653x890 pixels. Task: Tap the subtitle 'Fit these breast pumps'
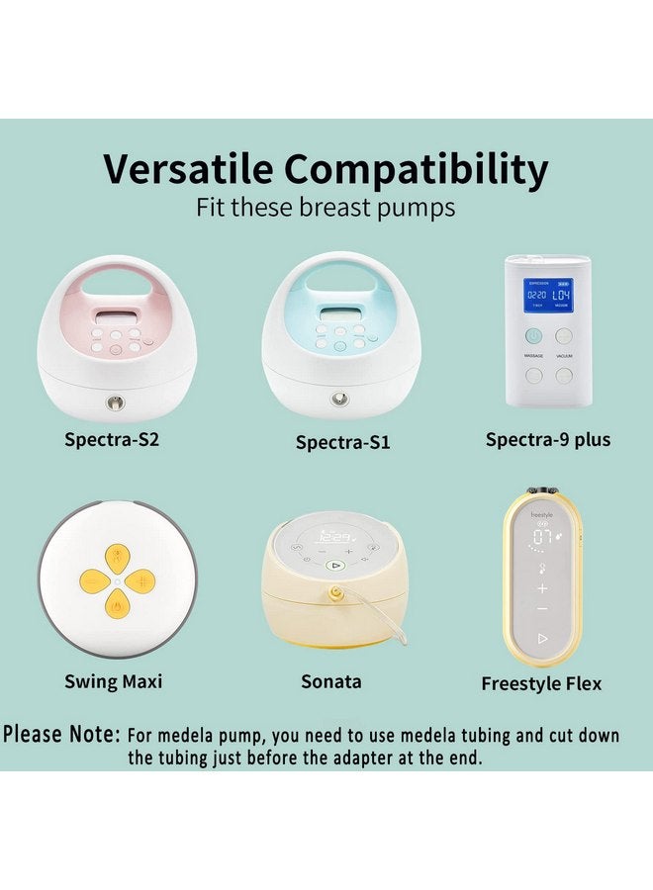pyautogui.click(x=326, y=209)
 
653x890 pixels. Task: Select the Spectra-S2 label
pyautogui.click(x=112, y=438)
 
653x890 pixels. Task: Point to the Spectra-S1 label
pyautogui.click(x=342, y=442)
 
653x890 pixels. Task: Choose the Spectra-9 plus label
pyautogui.click(x=547, y=438)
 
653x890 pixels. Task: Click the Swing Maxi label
pyautogui.click(x=113, y=681)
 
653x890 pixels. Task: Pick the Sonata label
pyautogui.click(x=331, y=681)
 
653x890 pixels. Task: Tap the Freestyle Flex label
pyautogui.click(x=541, y=683)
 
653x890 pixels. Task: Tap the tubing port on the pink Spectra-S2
pyautogui.click(x=117, y=403)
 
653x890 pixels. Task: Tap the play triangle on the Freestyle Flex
pyautogui.click(x=542, y=639)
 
